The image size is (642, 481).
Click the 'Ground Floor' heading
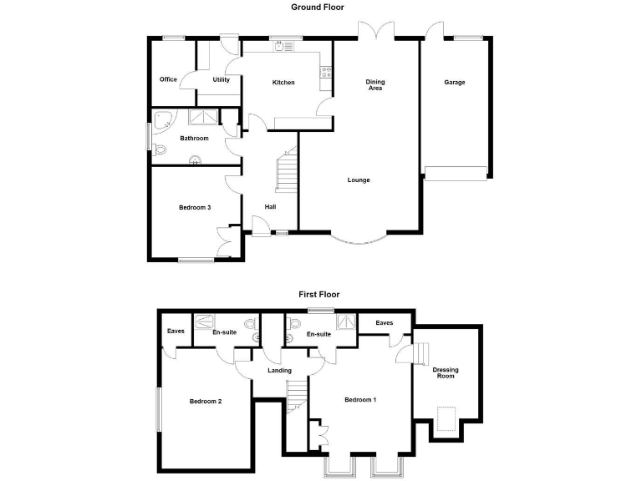click(x=317, y=7)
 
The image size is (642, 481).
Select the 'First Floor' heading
click(x=319, y=294)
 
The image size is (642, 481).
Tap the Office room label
click(x=168, y=80)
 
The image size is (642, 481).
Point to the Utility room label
click(x=221, y=80)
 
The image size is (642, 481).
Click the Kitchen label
click(x=283, y=83)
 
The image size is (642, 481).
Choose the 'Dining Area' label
click(x=375, y=84)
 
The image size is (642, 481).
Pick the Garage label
click(x=455, y=83)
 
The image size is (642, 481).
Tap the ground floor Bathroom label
click(x=194, y=139)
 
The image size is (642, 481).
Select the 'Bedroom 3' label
click(x=194, y=207)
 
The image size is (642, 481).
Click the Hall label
click(x=270, y=207)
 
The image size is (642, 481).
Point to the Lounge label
click(x=359, y=180)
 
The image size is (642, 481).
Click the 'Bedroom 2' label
click(x=205, y=401)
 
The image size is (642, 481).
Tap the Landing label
click(x=279, y=371)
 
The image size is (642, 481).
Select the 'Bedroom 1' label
click(x=360, y=400)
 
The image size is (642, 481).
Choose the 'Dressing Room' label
click(x=446, y=373)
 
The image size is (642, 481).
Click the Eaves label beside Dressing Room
click(x=385, y=323)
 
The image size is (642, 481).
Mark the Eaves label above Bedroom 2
click(x=176, y=332)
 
